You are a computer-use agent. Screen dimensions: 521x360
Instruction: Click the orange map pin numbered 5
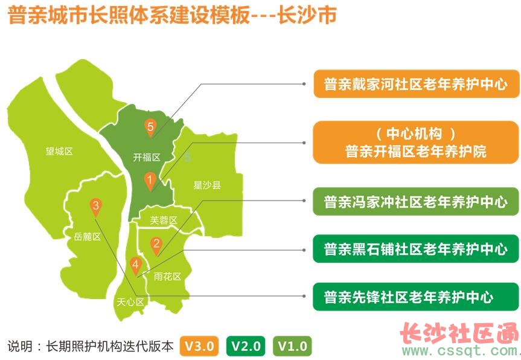tap(150, 127)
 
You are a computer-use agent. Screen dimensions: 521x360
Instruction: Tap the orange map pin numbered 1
tap(150, 181)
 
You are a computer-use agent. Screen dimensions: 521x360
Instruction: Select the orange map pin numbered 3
tap(96, 207)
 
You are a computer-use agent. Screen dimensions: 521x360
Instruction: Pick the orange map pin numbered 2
tap(156, 245)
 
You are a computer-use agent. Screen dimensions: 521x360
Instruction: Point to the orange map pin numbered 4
tap(136, 266)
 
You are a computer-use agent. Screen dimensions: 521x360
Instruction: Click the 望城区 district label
tap(59, 152)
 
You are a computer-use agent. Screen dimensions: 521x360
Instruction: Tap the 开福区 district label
tap(147, 157)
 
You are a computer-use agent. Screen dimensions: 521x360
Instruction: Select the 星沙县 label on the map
tap(207, 185)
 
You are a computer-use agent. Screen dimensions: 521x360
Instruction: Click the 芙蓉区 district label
tap(164, 220)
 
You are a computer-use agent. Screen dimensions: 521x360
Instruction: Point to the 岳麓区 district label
tap(87, 237)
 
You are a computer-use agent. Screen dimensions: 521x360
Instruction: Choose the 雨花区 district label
tap(167, 276)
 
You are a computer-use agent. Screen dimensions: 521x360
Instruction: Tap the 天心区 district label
tap(130, 302)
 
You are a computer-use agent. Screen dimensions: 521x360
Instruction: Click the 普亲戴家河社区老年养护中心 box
tap(417, 84)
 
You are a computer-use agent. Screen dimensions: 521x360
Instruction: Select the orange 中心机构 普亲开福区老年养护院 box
tap(416, 143)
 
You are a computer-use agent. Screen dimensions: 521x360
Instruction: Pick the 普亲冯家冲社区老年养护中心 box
tap(416, 201)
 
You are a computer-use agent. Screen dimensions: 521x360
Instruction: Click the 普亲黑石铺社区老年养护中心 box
tap(416, 249)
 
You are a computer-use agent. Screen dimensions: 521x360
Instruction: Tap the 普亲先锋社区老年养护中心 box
tap(416, 297)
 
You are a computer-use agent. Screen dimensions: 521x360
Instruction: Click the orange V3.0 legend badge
tap(199, 346)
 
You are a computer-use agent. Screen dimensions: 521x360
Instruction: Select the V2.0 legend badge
tap(246, 346)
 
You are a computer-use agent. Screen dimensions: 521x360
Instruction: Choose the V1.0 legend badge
tap(292, 346)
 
